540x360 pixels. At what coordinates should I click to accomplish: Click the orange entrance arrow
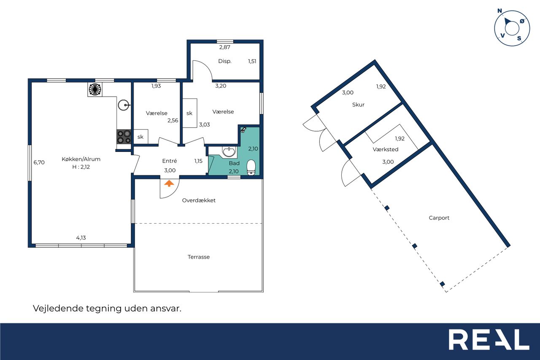169,183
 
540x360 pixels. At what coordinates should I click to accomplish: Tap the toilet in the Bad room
251,168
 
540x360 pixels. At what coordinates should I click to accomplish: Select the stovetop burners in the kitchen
124,137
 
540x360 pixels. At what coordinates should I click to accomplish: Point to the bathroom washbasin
229,152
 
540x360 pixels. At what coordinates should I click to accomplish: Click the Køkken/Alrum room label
81,159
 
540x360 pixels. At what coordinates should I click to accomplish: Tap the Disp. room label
225,61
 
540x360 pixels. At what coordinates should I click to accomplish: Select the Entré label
170,161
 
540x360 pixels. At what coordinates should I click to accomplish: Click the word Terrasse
199,257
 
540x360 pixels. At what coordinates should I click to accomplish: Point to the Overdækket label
199,200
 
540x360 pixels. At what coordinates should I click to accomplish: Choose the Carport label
439,218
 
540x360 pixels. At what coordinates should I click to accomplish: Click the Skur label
358,105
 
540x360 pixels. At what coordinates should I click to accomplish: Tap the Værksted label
385,149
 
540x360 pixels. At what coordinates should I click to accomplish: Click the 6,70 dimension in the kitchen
39,162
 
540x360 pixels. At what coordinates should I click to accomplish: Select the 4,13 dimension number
81,238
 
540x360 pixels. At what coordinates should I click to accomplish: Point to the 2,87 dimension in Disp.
225,47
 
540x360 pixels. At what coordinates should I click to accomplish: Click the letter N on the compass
500,11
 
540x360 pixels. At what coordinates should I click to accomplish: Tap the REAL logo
489,339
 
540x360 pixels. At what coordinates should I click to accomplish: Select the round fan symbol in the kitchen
95,89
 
